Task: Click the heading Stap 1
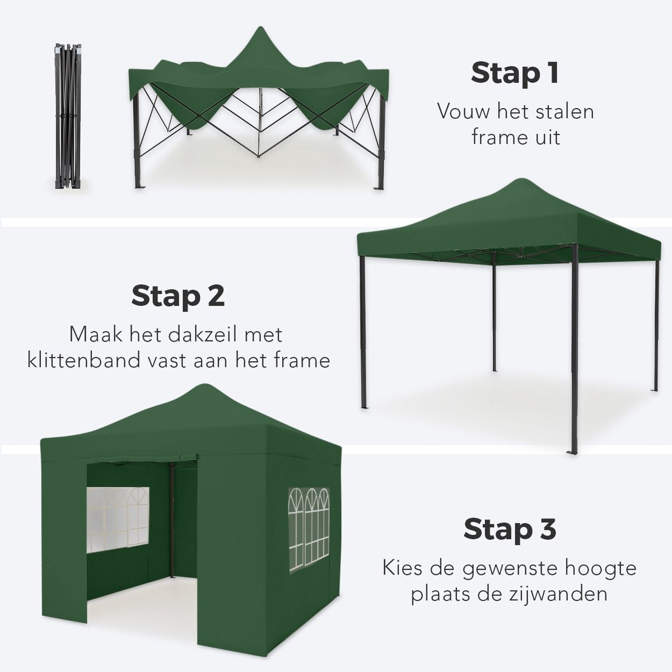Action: [x=515, y=73]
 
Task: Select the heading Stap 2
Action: [x=178, y=296]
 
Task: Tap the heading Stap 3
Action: [x=510, y=529]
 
